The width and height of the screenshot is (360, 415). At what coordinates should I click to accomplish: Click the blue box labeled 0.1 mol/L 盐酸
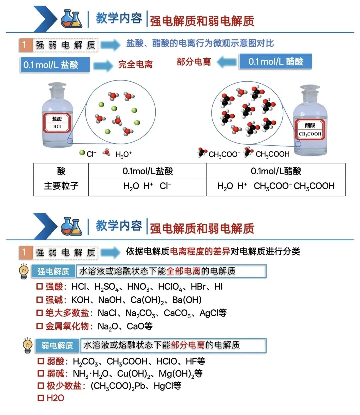(x=55, y=65)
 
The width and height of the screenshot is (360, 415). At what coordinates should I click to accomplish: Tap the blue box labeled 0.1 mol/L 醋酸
(x=275, y=61)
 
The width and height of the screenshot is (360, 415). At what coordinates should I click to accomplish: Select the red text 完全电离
(x=135, y=65)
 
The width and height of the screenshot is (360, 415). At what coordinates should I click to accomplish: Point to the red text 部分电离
(x=194, y=62)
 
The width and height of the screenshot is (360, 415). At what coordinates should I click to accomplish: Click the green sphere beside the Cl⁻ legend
(x=82, y=153)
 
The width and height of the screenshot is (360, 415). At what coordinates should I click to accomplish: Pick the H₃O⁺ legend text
(x=124, y=154)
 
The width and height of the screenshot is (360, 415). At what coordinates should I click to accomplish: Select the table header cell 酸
(x=61, y=171)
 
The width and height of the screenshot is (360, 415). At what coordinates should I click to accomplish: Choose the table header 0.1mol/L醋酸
(x=276, y=171)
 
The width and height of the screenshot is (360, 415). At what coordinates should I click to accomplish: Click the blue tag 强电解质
(x=53, y=271)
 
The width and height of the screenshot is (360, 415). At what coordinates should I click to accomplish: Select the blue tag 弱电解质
(x=57, y=345)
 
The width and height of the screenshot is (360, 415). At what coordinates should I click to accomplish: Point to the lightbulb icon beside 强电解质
(x=24, y=271)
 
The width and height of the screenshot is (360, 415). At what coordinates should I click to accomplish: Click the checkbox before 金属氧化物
(x=39, y=326)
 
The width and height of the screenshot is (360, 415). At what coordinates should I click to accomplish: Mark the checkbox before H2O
(x=41, y=398)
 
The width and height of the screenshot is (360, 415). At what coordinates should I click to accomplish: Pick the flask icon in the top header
(x=71, y=19)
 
